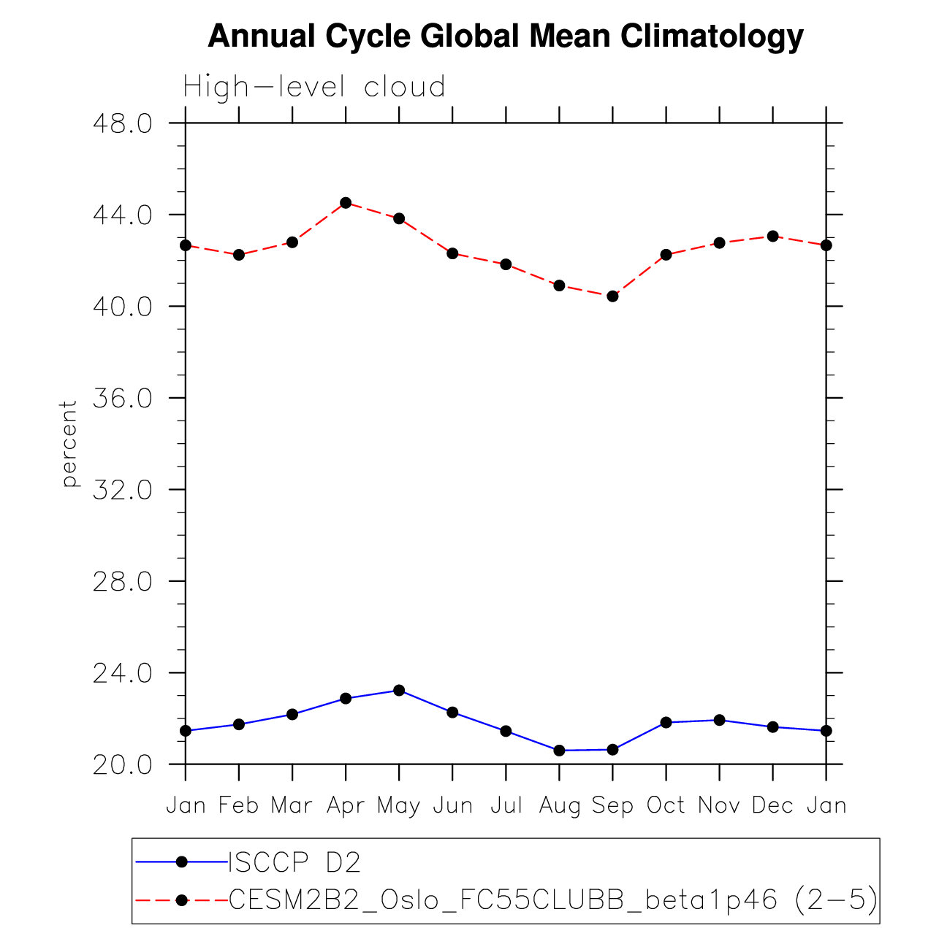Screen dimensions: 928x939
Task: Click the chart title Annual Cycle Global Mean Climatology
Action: click(506, 36)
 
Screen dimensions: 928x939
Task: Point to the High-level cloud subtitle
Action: click(314, 87)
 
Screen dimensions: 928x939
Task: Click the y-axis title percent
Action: click(69, 443)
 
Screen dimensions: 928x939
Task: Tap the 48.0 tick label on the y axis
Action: click(122, 123)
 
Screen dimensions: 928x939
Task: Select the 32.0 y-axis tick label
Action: click(122, 489)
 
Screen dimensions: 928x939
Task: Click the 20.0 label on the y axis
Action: click(122, 764)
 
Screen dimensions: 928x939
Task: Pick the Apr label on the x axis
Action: click(346, 805)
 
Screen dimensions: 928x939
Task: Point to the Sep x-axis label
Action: click(612, 805)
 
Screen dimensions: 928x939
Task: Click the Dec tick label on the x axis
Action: click(772, 805)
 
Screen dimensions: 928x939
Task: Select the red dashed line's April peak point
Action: click(346, 203)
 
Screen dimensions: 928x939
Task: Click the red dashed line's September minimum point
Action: click(612, 296)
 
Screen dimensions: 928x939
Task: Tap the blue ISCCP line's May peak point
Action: click(399, 690)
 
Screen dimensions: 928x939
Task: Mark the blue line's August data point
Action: click(559, 750)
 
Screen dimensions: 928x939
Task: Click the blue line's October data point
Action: click(666, 722)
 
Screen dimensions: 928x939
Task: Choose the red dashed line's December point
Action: click(772, 236)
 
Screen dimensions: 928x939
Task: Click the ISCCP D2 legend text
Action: click(295, 863)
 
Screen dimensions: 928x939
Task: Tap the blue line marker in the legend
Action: click(182, 862)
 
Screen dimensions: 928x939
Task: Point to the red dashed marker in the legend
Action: click(182, 900)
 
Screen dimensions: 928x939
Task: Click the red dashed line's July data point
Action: click(506, 264)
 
